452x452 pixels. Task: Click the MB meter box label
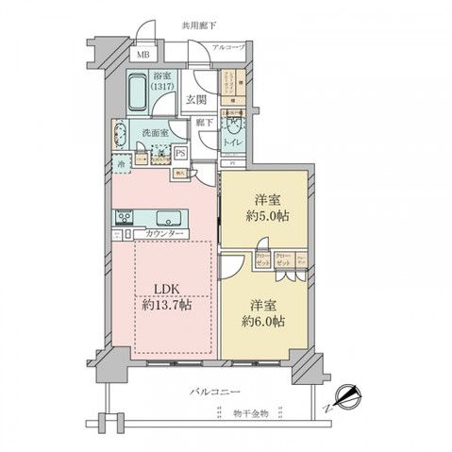click(143, 54)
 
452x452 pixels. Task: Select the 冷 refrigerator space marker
click(123, 163)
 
